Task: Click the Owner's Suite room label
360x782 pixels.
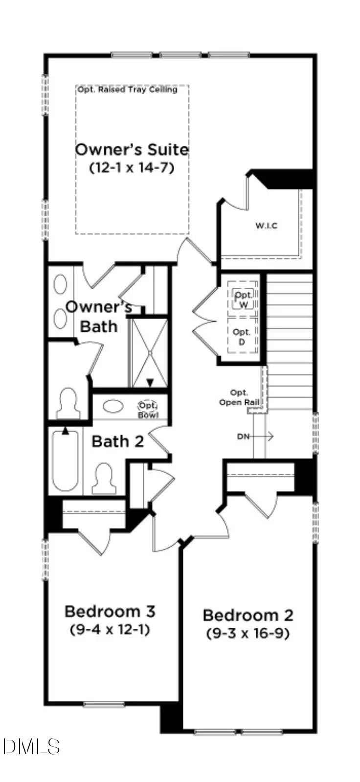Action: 132,149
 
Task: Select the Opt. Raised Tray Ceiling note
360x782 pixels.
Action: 127,90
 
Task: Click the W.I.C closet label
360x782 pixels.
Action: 266,226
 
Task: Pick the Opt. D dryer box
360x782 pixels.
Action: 242,337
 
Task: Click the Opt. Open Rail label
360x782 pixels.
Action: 239,397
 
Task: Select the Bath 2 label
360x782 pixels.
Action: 117,441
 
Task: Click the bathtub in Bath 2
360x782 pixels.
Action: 65,460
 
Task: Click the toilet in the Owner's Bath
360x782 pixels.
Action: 68,403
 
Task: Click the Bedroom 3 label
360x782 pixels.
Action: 110,611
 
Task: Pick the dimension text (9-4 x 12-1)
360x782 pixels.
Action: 110,629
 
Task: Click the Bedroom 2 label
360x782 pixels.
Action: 248,615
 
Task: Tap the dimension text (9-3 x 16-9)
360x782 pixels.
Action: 248,633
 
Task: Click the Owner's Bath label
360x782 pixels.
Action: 99,317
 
